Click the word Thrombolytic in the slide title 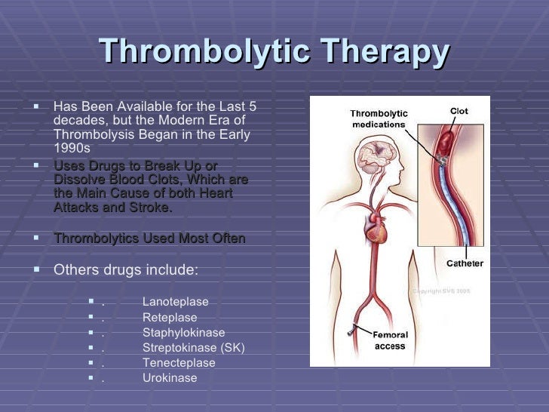tap(203, 51)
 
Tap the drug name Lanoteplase tap(175, 302)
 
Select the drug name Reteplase tap(170, 318)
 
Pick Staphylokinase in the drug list tap(183, 333)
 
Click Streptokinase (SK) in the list tap(193, 348)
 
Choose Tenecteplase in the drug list tap(179, 363)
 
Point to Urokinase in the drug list tap(170, 378)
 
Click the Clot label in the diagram tap(459, 112)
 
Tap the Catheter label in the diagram tap(465, 264)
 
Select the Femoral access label tap(390, 340)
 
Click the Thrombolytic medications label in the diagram tap(377, 119)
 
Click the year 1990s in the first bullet tap(72, 147)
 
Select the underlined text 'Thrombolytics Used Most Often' tap(149, 238)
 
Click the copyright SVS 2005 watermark tap(441, 290)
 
